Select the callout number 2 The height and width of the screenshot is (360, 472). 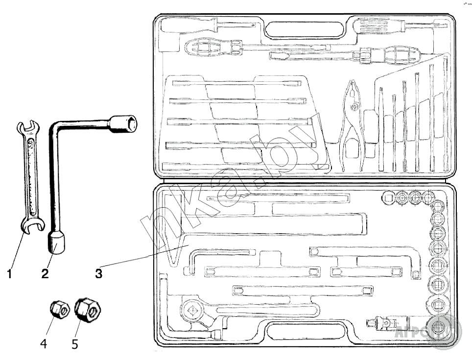click(x=45, y=273)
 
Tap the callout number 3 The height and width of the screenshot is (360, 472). click(x=98, y=273)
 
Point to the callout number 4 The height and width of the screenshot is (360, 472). click(x=44, y=344)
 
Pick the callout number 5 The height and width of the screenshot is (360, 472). click(x=74, y=344)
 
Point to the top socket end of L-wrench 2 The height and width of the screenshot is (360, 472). click(x=123, y=123)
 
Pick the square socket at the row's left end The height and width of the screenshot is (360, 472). click(x=388, y=198)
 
